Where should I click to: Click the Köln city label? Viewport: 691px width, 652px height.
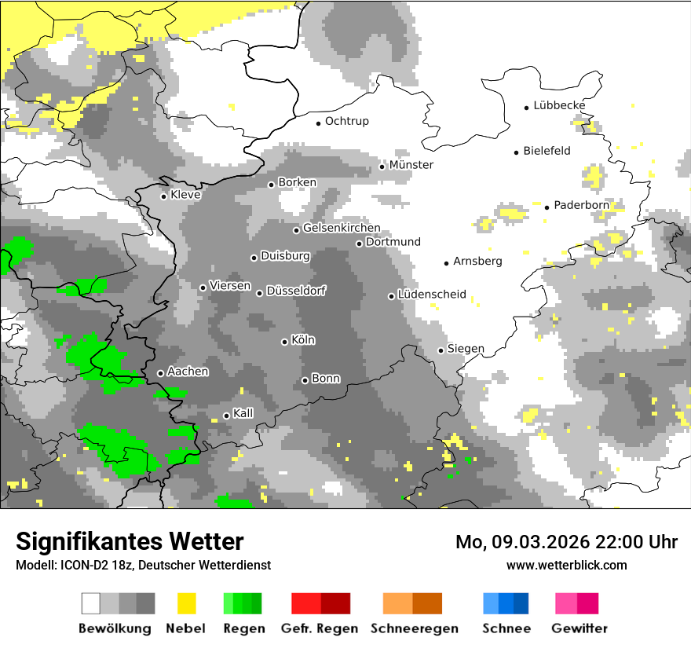click(x=303, y=340)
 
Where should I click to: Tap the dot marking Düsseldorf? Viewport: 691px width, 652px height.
click(x=259, y=293)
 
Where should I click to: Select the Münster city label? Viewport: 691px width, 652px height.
click(x=411, y=165)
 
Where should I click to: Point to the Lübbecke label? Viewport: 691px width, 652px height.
click(x=559, y=105)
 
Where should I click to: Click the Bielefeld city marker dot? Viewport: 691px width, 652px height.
click(x=517, y=152)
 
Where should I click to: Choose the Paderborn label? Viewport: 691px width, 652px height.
click(x=581, y=205)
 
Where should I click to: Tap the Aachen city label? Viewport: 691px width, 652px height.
click(x=188, y=371)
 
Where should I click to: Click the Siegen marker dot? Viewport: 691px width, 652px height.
click(x=441, y=350)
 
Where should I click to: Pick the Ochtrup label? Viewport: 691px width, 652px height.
click(x=346, y=121)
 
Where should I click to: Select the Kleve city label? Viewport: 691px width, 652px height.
click(x=185, y=194)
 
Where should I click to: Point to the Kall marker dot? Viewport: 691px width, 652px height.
click(x=226, y=416)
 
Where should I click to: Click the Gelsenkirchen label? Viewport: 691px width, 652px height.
click(x=342, y=228)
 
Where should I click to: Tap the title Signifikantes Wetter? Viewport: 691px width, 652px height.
click(x=130, y=541)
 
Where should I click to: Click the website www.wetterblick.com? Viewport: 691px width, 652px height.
click(x=567, y=565)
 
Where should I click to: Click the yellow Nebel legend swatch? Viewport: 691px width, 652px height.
click(x=186, y=603)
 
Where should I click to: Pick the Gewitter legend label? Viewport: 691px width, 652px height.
click(x=579, y=628)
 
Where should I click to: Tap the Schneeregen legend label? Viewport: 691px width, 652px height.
click(x=414, y=628)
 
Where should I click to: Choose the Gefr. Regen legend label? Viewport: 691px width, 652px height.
click(x=320, y=628)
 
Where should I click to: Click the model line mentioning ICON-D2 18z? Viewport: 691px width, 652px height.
click(x=143, y=565)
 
